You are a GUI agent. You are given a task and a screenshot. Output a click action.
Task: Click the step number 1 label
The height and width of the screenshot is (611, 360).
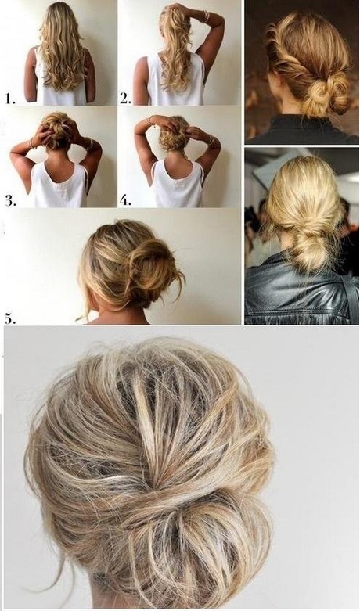[x=10, y=99]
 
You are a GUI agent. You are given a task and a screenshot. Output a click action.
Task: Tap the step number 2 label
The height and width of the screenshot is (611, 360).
[x=125, y=99]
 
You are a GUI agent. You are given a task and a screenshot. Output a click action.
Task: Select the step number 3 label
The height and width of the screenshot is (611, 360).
[x=10, y=200]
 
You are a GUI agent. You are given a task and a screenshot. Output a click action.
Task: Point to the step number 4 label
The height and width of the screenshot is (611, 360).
[x=125, y=200]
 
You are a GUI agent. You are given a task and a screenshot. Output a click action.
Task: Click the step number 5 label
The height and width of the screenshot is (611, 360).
[x=10, y=318]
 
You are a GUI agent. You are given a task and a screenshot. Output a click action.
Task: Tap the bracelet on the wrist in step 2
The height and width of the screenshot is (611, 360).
[x=206, y=16]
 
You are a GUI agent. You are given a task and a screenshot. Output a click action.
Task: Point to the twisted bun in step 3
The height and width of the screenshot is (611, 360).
[x=59, y=129]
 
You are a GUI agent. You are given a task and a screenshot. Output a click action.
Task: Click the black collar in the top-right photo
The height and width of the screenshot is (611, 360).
[x=302, y=128]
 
